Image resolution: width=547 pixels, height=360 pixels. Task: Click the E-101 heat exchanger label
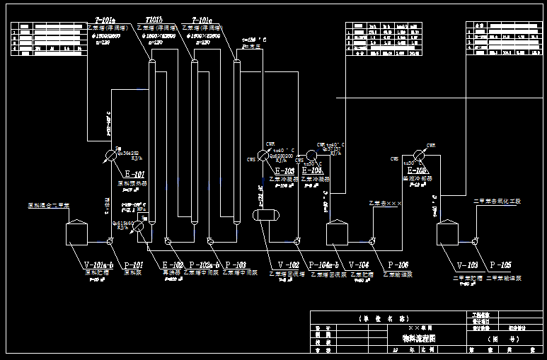pyautogui.click(x=134, y=175)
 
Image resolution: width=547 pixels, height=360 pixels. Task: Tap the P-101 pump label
pyautogui.click(x=134, y=265)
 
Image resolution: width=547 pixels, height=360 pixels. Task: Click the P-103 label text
pyautogui.click(x=234, y=265)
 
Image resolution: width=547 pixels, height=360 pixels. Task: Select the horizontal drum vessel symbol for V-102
pyautogui.click(x=266, y=214)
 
